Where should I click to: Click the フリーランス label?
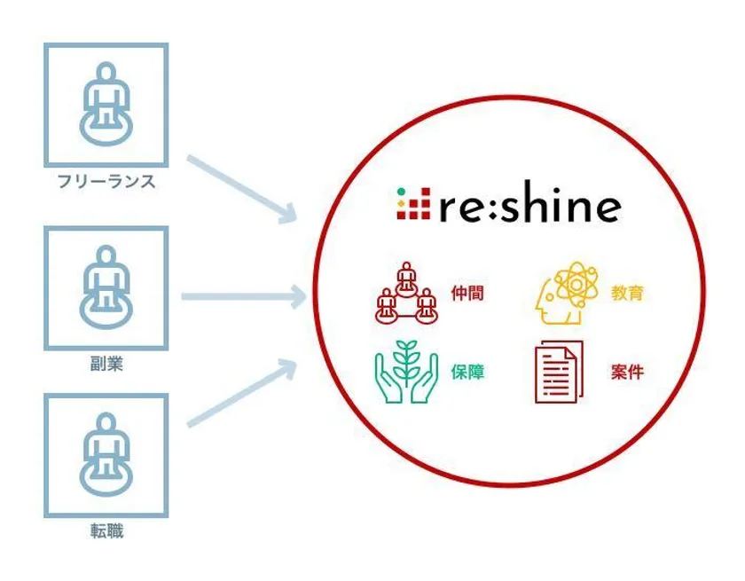pos(106,182)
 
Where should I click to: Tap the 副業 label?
pos(106,364)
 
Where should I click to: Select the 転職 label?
pos(106,530)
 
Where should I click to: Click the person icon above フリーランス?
pos(106,104)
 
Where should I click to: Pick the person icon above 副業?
pos(106,287)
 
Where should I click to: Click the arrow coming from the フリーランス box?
pos(242,189)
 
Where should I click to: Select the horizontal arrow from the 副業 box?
pos(244,297)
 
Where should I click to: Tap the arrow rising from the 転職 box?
pos(242,392)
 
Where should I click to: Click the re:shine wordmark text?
pos(529,202)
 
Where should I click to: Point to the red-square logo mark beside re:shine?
pos(413,203)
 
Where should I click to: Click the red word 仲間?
pos(467,293)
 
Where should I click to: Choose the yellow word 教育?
pos(627,293)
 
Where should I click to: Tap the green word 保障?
pos(467,372)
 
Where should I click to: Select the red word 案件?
pos(627,372)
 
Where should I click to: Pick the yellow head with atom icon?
pos(567,293)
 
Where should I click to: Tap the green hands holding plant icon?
pos(406,372)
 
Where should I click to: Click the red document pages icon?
pos(560,372)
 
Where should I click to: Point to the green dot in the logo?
pos(402,192)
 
